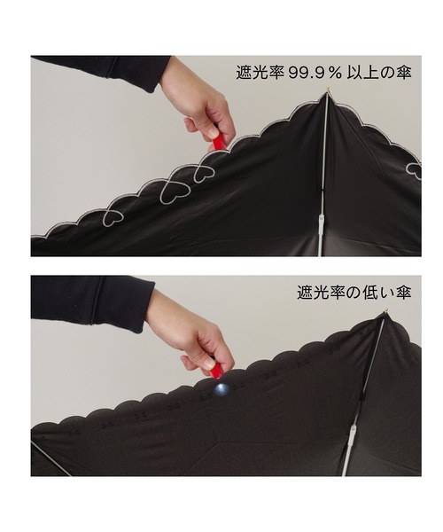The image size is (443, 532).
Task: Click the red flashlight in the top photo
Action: click(x=218, y=142)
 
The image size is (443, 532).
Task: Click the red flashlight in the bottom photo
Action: click(x=215, y=372)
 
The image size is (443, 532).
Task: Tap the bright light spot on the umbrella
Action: click(x=221, y=389)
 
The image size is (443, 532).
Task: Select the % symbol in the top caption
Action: click(x=334, y=74)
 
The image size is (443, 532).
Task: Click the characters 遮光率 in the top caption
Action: click(x=260, y=73)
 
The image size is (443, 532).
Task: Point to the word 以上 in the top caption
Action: click(x=362, y=73)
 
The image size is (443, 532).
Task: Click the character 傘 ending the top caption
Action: click(x=404, y=73)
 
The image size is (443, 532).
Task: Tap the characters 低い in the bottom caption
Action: click(x=377, y=292)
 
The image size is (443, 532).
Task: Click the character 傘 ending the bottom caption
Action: click(x=404, y=292)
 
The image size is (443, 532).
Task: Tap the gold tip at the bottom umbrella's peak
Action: click(x=386, y=311)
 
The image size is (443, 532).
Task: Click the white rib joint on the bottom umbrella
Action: click(x=354, y=434)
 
